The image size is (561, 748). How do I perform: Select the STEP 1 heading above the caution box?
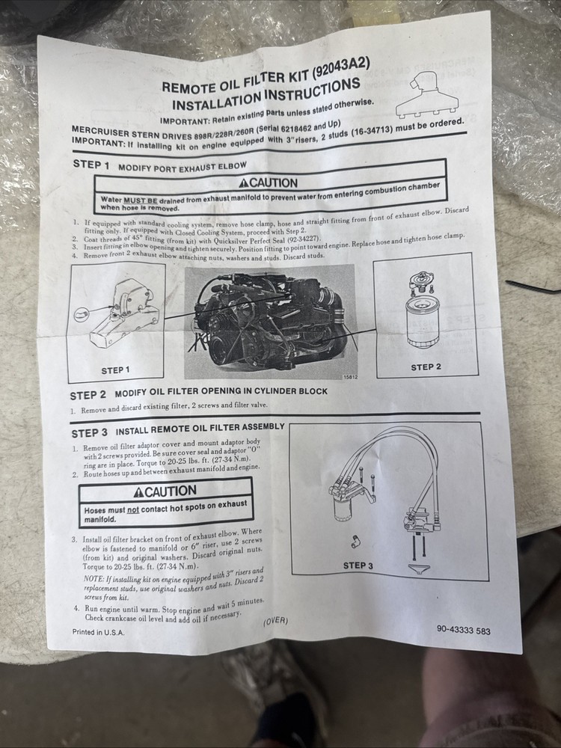click(x=91, y=165)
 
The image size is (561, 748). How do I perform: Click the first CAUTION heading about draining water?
click(x=268, y=183)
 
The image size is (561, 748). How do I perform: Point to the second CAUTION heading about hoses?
click(x=165, y=491)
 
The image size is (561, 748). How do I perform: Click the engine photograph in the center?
click(x=270, y=322)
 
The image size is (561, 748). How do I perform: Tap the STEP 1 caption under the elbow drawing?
click(x=115, y=371)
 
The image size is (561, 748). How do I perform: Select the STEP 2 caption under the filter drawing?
click(x=426, y=367)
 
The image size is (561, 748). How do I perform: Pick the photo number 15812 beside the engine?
click(x=349, y=377)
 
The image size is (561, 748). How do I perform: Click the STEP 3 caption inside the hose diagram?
click(x=358, y=565)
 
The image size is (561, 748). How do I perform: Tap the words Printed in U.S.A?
click(x=98, y=632)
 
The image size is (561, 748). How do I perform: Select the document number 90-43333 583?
click(x=463, y=630)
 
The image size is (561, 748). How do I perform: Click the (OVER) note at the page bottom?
click(x=275, y=621)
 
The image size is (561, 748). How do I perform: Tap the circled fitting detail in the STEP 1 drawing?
click(x=82, y=314)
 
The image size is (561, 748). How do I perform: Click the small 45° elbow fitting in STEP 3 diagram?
click(x=355, y=540)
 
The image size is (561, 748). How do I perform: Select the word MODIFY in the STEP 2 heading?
click(x=131, y=394)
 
